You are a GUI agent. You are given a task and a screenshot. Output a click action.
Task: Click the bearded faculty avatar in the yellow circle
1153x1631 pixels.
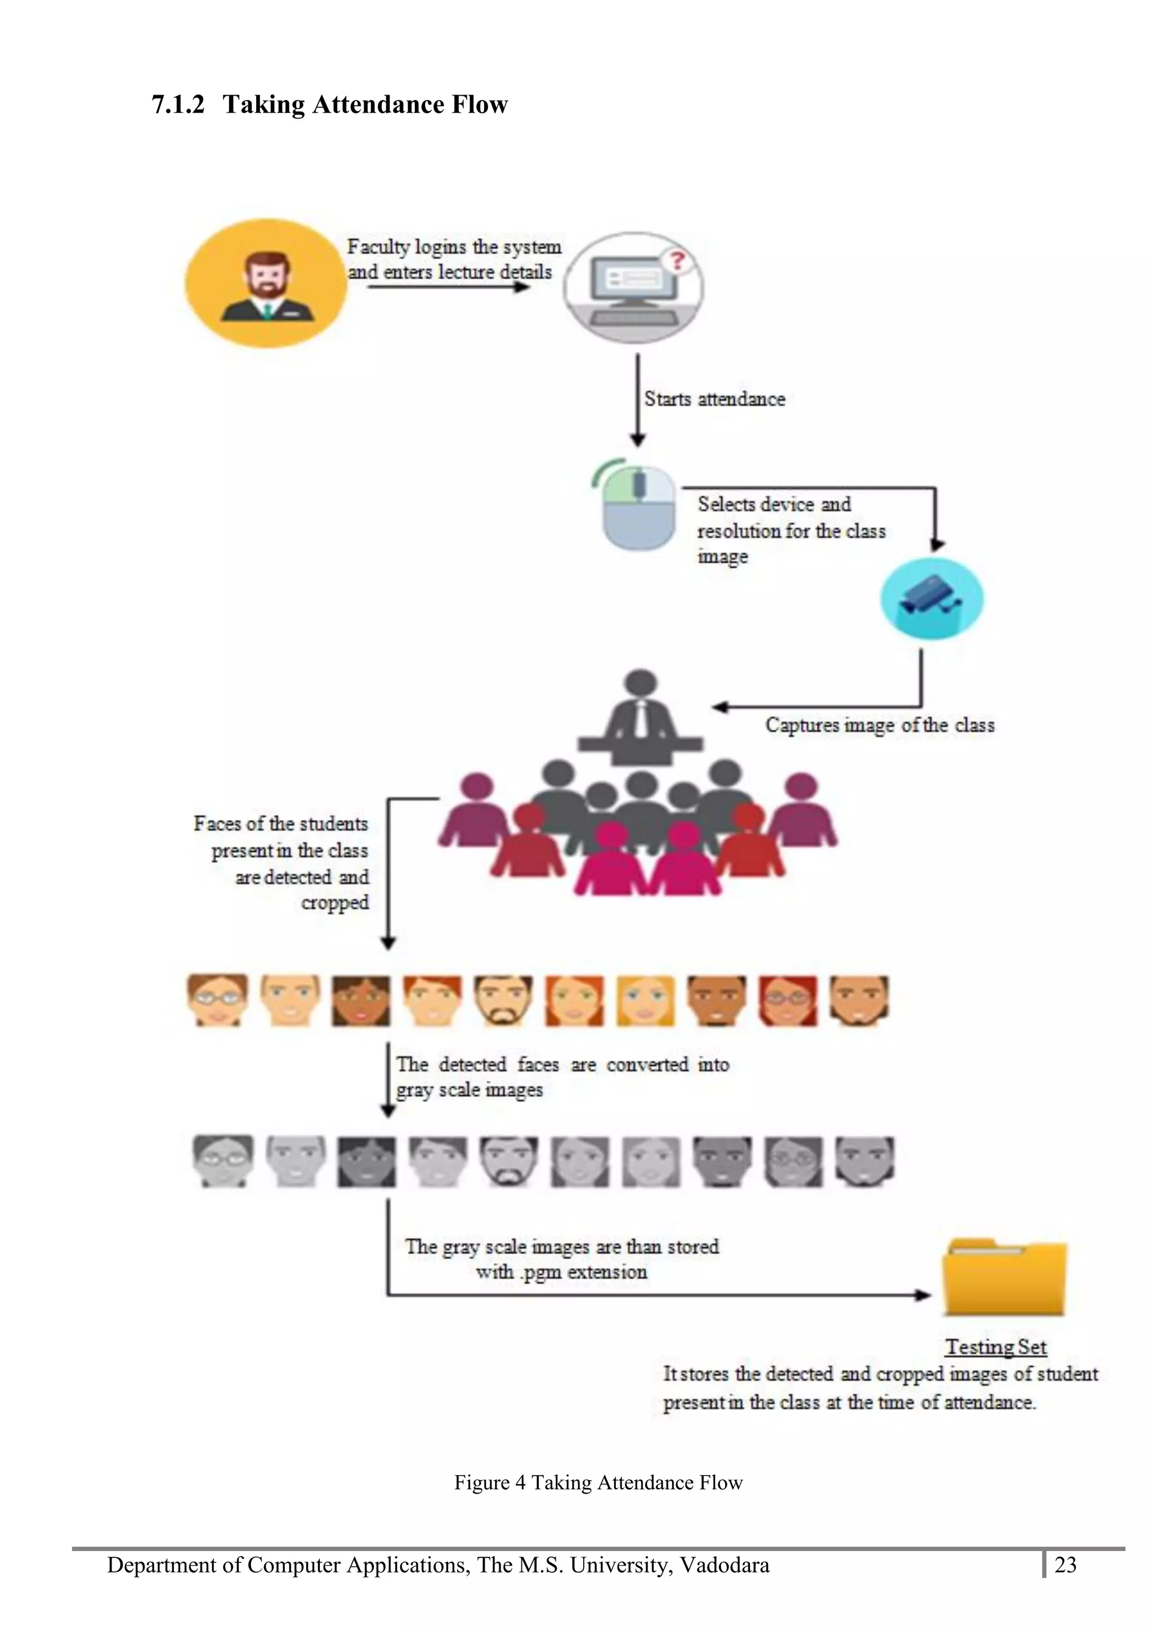[266, 284]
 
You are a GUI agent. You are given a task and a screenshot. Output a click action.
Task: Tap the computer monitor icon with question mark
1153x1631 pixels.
[633, 288]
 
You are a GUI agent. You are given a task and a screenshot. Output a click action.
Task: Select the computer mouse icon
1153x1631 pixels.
[638, 505]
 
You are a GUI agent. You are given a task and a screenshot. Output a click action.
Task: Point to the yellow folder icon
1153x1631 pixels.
[1004, 1279]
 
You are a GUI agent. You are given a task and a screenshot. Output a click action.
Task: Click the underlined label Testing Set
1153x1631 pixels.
[995, 1347]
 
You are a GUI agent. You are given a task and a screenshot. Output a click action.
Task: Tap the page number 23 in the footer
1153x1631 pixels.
[1065, 1566]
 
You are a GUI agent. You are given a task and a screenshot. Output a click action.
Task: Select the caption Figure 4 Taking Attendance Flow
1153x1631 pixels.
[598, 1482]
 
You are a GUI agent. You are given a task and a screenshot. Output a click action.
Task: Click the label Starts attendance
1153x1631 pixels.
[714, 399]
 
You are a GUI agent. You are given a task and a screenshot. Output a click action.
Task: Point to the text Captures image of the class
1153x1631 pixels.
[879, 725]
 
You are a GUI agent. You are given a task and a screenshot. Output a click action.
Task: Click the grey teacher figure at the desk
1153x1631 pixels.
[641, 718]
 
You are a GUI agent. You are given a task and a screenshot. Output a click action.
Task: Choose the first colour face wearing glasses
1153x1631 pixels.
[217, 1000]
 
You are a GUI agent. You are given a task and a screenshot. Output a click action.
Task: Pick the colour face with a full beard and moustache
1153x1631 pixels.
[503, 1000]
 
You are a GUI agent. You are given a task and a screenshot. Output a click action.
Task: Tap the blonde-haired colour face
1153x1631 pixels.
[645, 1000]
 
